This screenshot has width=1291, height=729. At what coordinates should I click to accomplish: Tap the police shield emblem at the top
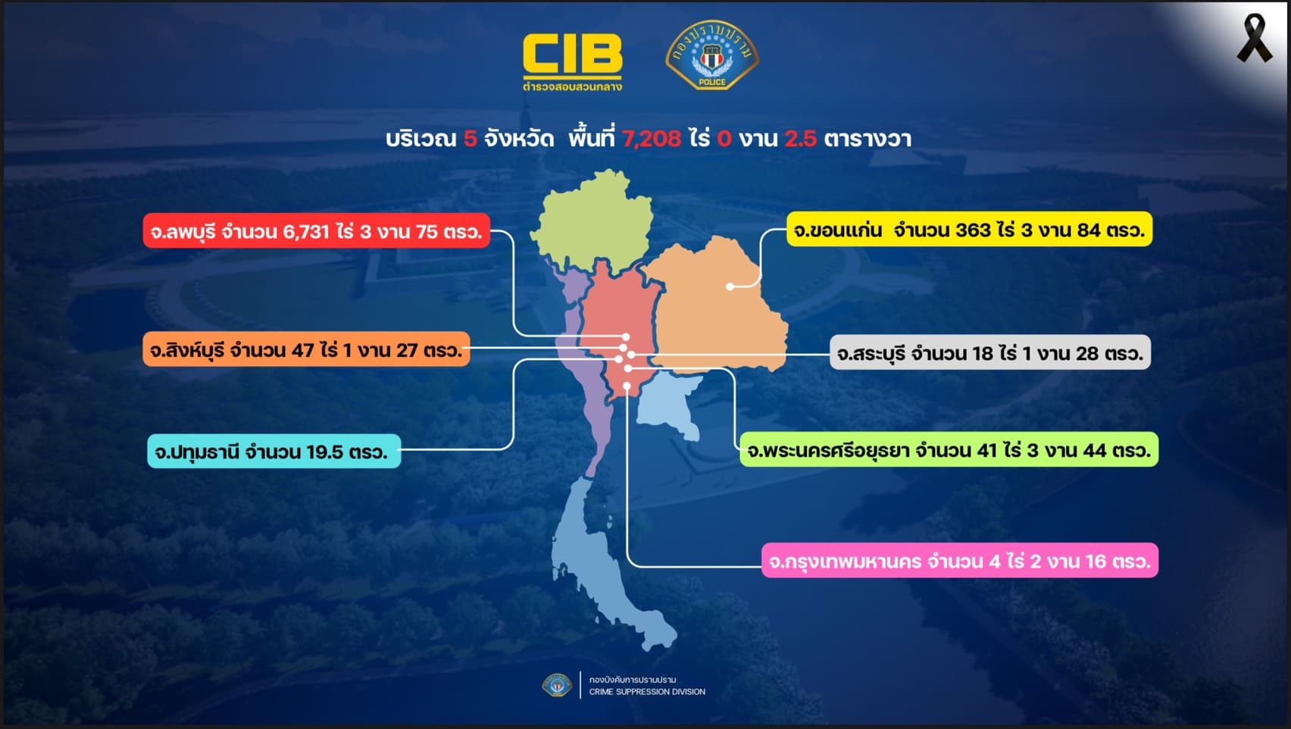[712, 55]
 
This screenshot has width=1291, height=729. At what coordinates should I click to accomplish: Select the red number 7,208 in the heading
[652, 139]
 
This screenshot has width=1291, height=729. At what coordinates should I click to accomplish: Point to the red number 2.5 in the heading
[801, 139]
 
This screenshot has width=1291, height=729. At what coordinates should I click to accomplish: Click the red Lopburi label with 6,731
[317, 231]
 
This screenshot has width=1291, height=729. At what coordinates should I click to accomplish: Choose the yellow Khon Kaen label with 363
[970, 230]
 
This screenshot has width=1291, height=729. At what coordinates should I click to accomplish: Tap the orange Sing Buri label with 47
[307, 349]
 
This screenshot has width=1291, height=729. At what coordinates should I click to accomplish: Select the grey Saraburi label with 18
[990, 352]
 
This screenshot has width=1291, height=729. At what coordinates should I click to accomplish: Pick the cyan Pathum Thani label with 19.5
[274, 451]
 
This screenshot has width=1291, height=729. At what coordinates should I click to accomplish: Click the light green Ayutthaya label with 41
[949, 449]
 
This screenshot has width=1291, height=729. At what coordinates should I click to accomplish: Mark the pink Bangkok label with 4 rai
[960, 560]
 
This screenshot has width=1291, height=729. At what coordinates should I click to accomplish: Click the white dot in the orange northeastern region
[730, 286]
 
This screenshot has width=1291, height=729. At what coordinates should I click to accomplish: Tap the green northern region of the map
[594, 222]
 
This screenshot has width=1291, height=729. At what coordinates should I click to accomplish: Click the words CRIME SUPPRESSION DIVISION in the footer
[647, 692]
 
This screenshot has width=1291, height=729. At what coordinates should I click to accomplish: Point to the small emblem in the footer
[557, 685]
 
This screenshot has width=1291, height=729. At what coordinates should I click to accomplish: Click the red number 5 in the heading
[470, 139]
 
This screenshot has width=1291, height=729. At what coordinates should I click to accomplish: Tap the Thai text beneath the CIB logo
[572, 86]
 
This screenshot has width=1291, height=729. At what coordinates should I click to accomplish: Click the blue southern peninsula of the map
[599, 565]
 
